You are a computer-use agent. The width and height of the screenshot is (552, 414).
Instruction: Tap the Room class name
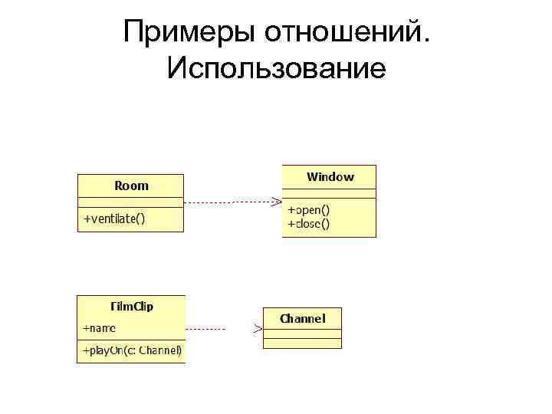point(131,186)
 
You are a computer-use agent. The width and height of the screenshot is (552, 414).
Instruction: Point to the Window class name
point(330,177)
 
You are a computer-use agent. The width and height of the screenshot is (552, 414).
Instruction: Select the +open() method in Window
point(308,209)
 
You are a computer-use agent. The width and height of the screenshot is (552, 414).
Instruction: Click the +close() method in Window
point(308,224)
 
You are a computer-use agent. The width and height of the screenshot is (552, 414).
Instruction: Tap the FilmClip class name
point(131,306)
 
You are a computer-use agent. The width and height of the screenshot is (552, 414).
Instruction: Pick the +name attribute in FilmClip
point(100,328)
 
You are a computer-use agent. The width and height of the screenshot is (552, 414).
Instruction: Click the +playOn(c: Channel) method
point(132,351)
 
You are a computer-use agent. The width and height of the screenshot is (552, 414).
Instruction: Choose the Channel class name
point(302,318)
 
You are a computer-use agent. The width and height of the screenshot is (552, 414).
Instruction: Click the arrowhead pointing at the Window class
point(275,202)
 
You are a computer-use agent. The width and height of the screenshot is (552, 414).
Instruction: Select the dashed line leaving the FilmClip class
point(205,329)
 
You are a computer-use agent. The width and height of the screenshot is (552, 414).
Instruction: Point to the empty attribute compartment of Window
point(330,193)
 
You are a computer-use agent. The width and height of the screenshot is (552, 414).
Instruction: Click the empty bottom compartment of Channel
point(302,342)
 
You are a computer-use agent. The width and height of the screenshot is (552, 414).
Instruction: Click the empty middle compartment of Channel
point(302,331)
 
